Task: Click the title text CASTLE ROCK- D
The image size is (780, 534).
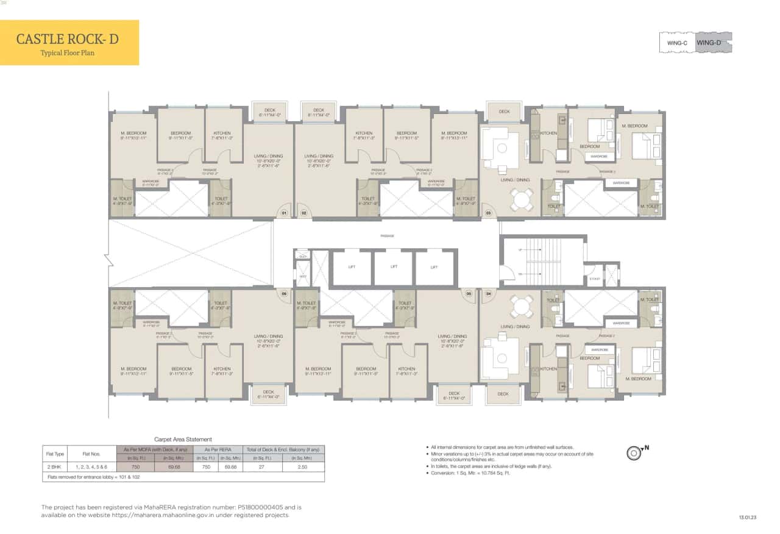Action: tap(67, 40)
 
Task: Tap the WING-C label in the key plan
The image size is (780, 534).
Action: tap(677, 43)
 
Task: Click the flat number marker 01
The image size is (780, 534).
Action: tap(283, 213)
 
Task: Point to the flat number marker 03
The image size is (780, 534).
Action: tap(487, 213)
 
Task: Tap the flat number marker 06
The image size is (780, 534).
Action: tap(283, 294)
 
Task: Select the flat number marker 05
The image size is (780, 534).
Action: tap(468, 294)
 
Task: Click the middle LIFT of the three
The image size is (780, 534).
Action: tap(392, 267)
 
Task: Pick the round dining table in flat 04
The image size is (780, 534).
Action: tap(521, 307)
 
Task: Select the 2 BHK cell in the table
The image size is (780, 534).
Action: tap(51, 466)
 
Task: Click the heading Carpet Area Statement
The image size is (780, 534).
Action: tap(183, 439)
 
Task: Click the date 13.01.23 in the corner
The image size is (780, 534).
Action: tap(748, 517)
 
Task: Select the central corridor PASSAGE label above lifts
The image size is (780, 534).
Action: tap(387, 235)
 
